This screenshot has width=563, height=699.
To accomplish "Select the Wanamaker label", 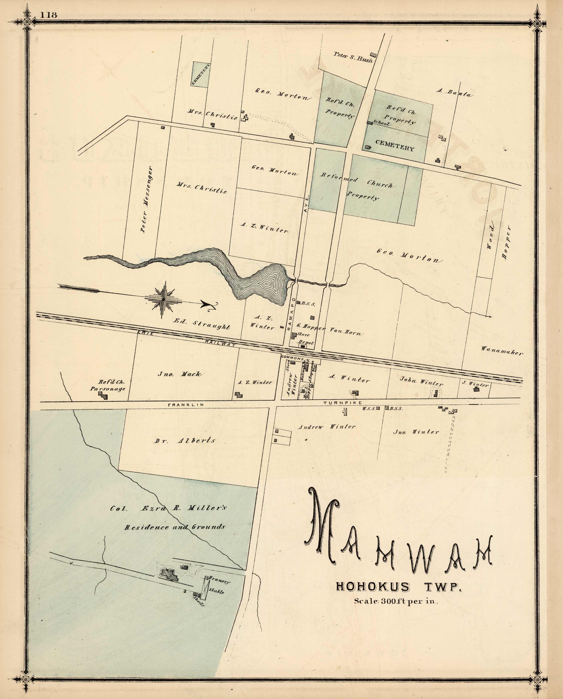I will point(502,351).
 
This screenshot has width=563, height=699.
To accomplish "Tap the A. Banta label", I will point(454,92).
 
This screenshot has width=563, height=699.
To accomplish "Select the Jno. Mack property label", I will point(179,374).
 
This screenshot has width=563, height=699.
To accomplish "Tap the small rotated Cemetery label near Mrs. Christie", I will point(201,74).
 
